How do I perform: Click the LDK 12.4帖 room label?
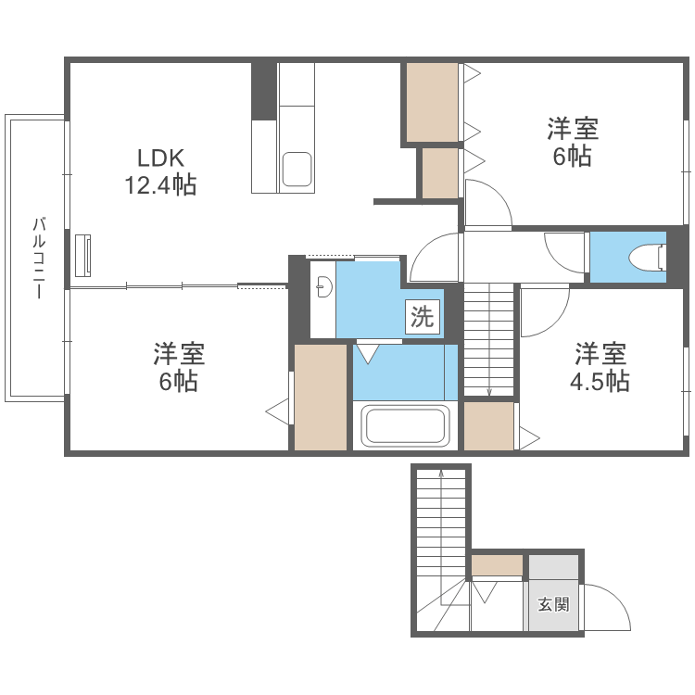[160, 171]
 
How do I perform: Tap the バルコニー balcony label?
[38, 257]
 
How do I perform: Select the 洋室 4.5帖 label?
[600, 367]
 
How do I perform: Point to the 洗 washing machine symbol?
[422, 319]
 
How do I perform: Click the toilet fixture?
[648, 256]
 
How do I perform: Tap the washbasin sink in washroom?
[322, 287]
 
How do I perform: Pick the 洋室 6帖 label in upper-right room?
[572, 142]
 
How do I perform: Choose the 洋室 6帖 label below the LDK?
[179, 367]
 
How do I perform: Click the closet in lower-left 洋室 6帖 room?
[321, 397]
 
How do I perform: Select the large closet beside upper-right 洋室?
[432, 102]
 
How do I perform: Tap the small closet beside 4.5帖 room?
[488, 425]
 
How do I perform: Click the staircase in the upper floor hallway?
[487, 339]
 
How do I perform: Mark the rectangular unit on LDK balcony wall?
[83, 255]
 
